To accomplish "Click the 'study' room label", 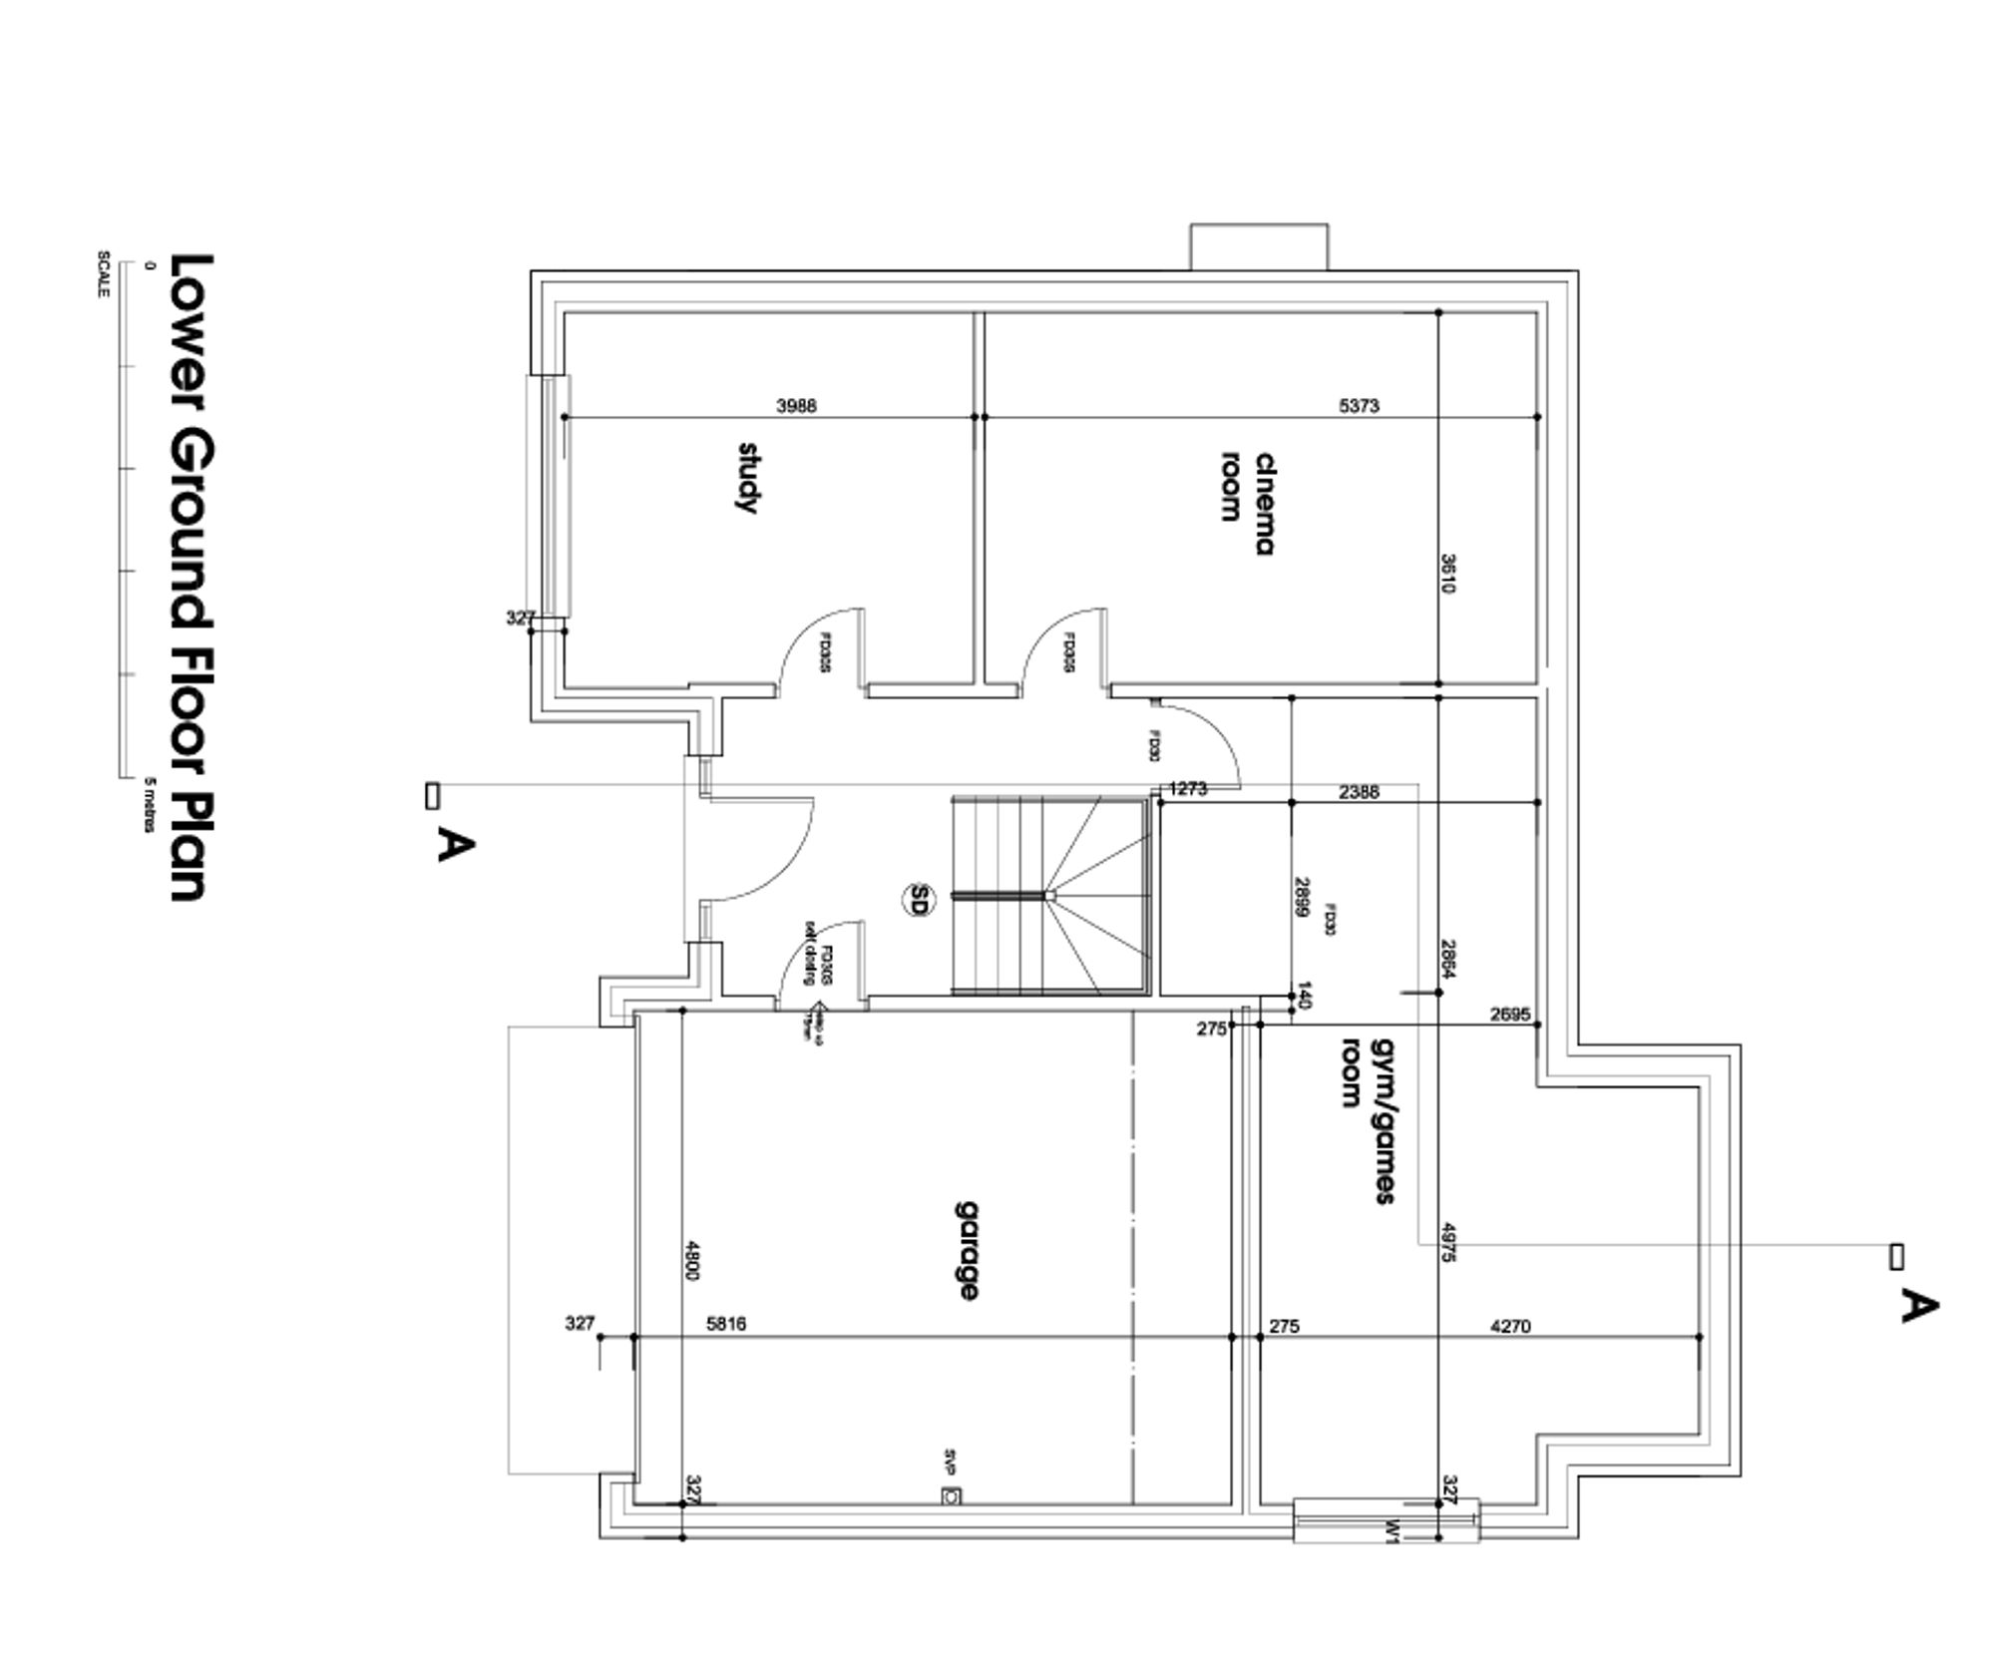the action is point(747,478).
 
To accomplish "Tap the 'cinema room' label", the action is point(1248,503).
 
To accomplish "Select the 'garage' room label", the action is point(966,1251).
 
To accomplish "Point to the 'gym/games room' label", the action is point(1367,1119).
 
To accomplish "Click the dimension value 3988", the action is point(796,405).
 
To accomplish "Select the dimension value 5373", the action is point(1359,405).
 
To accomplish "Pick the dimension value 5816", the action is point(725,1324).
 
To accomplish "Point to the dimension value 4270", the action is point(1509,1326).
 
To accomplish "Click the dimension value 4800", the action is point(693,1259).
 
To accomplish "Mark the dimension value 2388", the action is point(1359,791).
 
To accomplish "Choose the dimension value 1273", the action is point(1187,788).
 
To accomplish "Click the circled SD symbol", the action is point(919,900).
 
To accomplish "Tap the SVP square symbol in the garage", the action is point(952,1495).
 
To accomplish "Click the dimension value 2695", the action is point(1509,1014).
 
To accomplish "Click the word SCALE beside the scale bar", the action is point(103,273).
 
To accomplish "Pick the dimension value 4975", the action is point(1448,1243).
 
